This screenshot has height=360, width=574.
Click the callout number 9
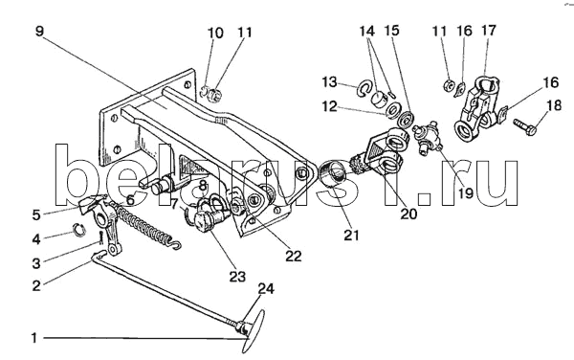click(x=39, y=32)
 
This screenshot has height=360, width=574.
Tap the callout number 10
click(x=215, y=33)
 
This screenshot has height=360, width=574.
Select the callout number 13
click(x=329, y=82)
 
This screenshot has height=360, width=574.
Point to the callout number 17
click(x=488, y=31)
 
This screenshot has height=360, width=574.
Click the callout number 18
click(x=554, y=105)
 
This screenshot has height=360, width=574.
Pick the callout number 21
click(x=351, y=235)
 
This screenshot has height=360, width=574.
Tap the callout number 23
click(x=237, y=277)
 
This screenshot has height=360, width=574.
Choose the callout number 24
click(x=266, y=289)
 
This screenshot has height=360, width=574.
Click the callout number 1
click(x=34, y=338)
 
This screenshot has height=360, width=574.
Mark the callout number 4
click(x=36, y=239)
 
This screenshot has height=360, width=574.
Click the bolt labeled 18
click(x=525, y=126)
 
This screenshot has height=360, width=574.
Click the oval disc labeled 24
click(x=254, y=331)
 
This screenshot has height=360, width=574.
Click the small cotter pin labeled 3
click(x=100, y=237)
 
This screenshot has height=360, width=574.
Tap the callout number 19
click(x=466, y=193)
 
